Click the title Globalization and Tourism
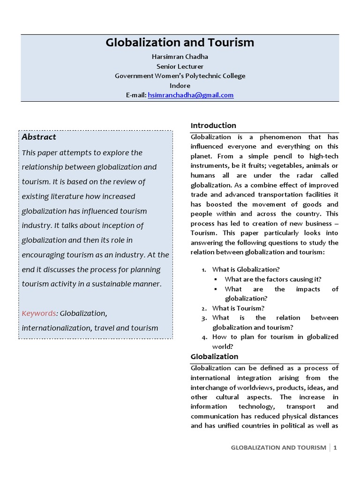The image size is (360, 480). point(180,43)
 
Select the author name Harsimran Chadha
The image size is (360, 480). point(180,56)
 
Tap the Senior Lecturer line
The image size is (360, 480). point(180,66)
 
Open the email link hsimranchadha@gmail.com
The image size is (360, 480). point(190,95)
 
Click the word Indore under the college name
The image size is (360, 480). point(180,85)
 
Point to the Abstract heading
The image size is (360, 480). point(39,137)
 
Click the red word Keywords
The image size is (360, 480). point(39,313)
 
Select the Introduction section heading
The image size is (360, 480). point(213,126)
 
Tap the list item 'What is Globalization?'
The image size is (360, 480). point(246,270)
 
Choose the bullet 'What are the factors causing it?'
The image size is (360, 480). point(273,279)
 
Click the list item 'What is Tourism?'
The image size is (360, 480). point(238,308)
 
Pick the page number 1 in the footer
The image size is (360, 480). point(335,448)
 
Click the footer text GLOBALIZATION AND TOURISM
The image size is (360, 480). point(278,448)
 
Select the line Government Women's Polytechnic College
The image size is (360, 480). point(180,76)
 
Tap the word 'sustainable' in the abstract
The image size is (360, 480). point(108,284)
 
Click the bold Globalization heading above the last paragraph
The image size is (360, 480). point(214,357)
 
